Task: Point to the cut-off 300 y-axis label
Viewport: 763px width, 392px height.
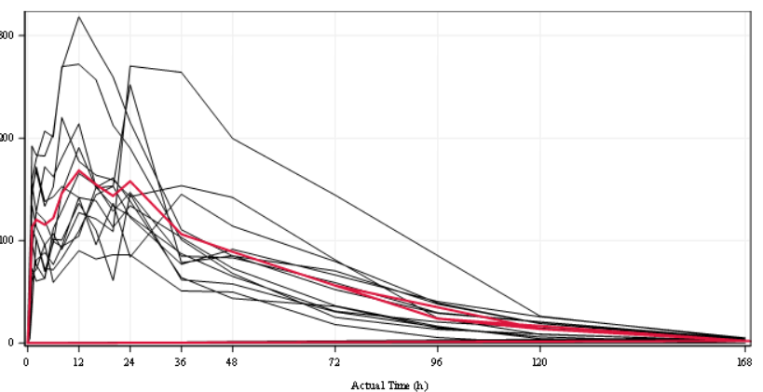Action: pyautogui.click(x=7, y=35)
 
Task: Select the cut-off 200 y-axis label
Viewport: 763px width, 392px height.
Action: pyautogui.click(x=7, y=138)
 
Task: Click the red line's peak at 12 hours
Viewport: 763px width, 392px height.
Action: pyautogui.click(x=78, y=170)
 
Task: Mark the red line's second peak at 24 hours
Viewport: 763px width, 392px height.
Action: pyautogui.click(x=129, y=182)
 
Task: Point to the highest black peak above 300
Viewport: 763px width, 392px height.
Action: pyautogui.click(x=79, y=17)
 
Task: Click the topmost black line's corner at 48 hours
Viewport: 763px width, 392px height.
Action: pyautogui.click(x=232, y=138)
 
